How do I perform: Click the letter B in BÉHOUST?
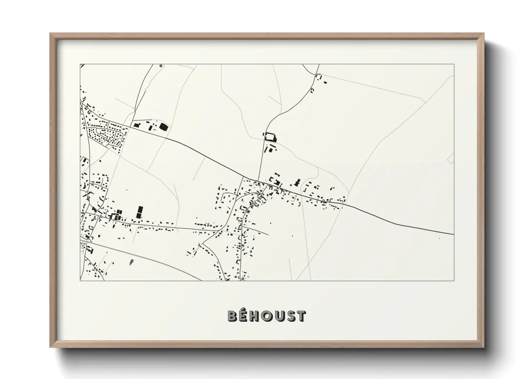click(x=232, y=316)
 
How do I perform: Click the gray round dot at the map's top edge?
click(x=161, y=66)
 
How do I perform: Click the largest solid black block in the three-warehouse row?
click(x=164, y=126)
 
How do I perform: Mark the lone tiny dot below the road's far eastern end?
click(x=439, y=238)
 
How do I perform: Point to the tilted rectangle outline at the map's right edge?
click(x=451, y=158)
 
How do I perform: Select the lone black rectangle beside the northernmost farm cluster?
click(x=326, y=82)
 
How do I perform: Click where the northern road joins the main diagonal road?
click(x=257, y=180)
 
